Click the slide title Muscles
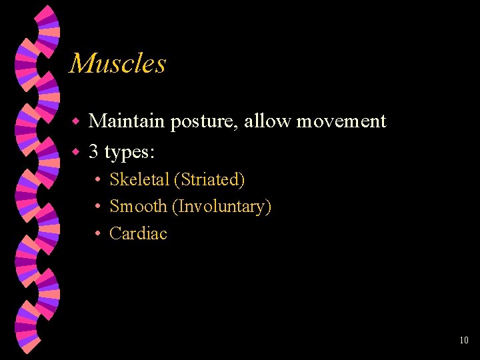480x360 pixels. pyautogui.click(x=117, y=64)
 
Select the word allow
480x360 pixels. pyautogui.click(x=268, y=121)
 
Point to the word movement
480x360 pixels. pyautogui.click(x=341, y=122)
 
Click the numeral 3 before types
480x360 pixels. pyautogui.click(x=94, y=152)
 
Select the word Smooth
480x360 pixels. pyautogui.click(x=138, y=207)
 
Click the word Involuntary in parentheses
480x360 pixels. pyautogui.click(x=221, y=207)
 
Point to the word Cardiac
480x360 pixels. pyautogui.click(x=138, y=233)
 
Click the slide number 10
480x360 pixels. pyautogui.click(x=464, y=341)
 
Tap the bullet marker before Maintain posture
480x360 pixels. pyautogui.click(x=76, y=122)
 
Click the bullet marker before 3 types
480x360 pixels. pyautogui.click(x=76, y=153)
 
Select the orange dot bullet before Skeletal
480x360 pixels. pyautogui.click(x=97, y=180)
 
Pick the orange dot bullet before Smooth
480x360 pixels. pyautogui.click(x=97, y=207)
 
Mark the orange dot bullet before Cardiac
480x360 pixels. pyautogui.click(x=97, y=234)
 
